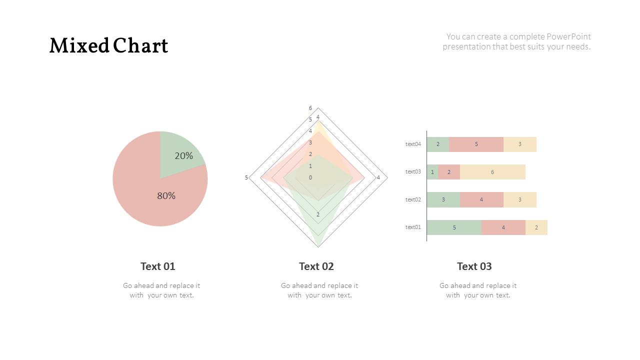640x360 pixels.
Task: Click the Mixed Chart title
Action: point(108,46)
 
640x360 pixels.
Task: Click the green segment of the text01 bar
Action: point(454,227)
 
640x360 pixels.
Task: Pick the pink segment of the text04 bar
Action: point(476,144)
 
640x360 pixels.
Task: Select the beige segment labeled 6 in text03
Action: point(492,172)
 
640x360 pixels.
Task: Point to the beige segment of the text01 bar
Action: point(536,227)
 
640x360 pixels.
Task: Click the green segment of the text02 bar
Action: point(443,200)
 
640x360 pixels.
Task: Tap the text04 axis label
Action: point(413,144)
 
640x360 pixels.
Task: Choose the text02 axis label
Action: point(413,200)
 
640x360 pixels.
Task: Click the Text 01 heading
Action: point(158,266)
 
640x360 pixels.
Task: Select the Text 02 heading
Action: point(316,266)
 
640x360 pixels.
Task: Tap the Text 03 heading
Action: point(474,266)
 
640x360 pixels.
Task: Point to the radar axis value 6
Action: point(310,108)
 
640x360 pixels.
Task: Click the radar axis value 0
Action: point(310,177)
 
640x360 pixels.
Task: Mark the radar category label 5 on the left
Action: point(246,178)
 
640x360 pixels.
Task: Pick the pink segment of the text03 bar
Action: point(449,172)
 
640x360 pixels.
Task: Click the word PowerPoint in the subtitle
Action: point(568,36)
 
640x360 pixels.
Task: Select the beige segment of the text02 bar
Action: point(520,200)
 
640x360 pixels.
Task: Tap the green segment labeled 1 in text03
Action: point(432,172)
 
